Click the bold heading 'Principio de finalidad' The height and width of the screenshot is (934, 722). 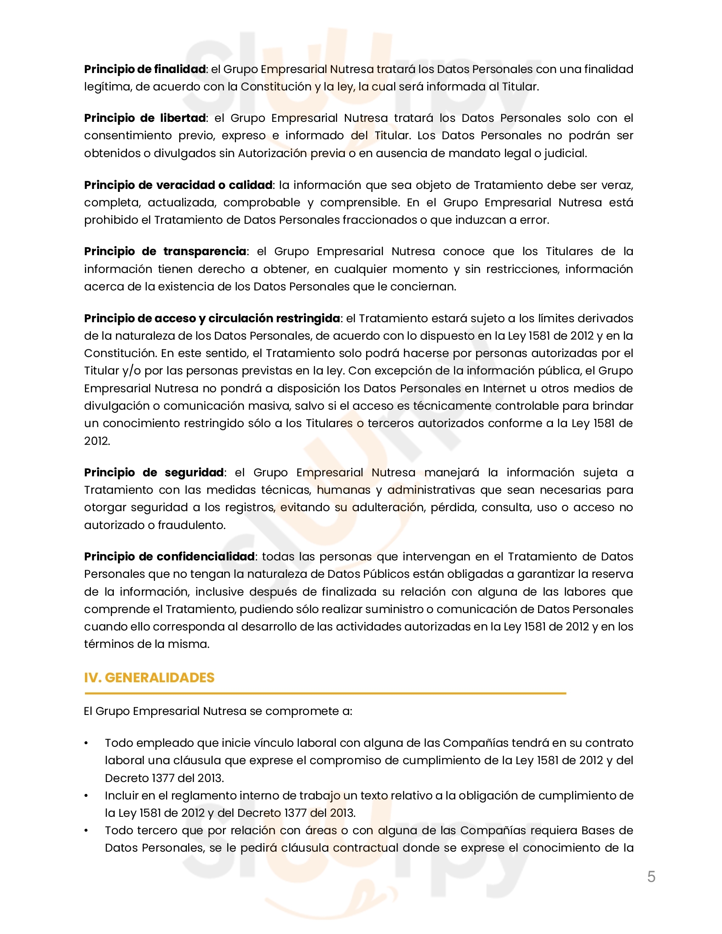click(144, 69)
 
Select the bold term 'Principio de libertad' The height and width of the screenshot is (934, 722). click(144, 118)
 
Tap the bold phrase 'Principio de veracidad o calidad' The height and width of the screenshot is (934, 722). click(178, 185)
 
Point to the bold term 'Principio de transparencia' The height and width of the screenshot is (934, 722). click(165, 251)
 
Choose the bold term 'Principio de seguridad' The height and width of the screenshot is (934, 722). click(154, 473)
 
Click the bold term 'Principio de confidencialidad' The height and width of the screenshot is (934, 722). click(169, 557)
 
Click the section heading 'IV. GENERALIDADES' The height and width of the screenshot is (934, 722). click(149, 678)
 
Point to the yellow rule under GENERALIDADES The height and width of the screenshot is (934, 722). click(325, 693)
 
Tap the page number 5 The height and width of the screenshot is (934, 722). click(651, 877)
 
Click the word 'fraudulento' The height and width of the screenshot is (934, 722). click(191, 525)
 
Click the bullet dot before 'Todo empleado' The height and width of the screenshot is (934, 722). click(86, 743)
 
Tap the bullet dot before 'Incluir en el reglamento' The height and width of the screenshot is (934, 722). click(86, 796)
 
